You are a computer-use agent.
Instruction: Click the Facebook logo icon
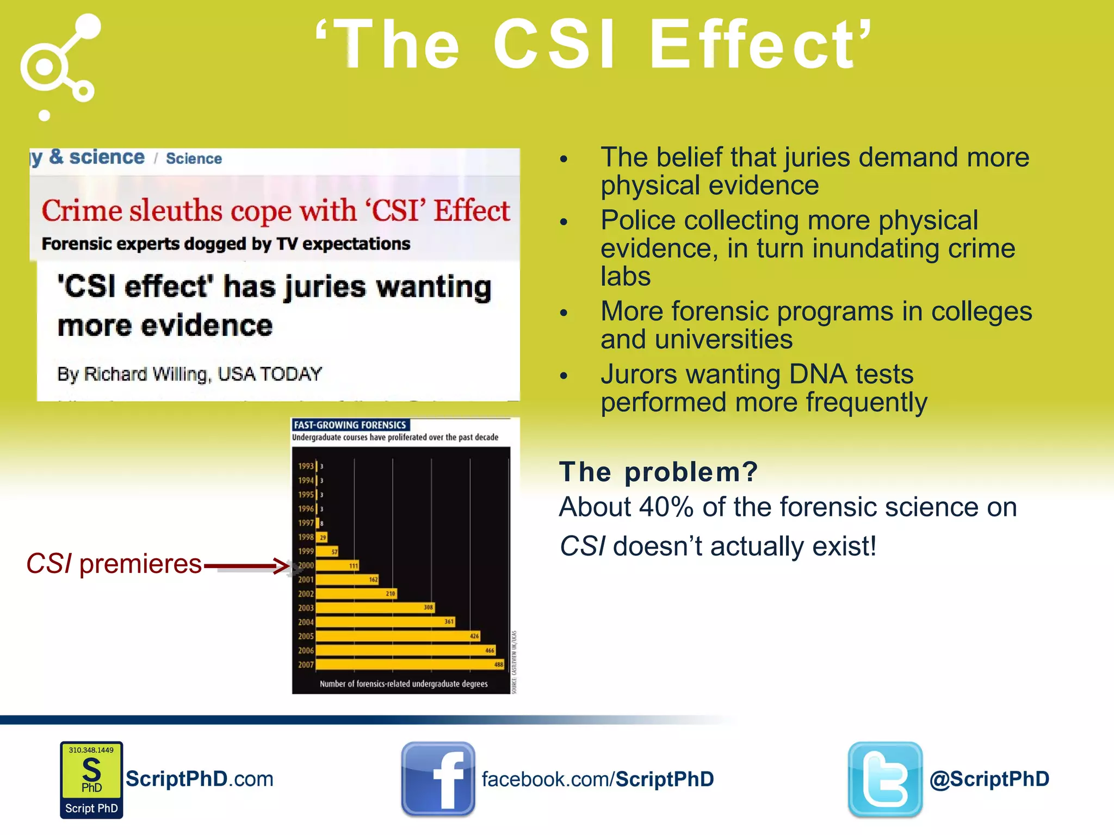(438, 778)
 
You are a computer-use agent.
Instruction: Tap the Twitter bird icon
(885, 778)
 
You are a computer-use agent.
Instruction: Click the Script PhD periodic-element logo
(91, 780)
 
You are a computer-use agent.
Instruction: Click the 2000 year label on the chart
(306, 565)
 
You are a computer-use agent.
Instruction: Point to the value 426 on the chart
(474, 635)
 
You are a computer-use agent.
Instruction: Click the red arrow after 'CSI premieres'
(247, 566)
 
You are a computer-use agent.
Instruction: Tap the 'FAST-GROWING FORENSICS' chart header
(350, 425)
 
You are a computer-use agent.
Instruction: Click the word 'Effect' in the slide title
(759, 45)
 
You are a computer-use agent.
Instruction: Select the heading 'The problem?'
(658, 471)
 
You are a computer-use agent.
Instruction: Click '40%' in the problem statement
(666, 507)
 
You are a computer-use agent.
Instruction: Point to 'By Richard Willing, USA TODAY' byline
(189, 374)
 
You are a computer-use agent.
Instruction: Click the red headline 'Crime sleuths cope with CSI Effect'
(276, 210)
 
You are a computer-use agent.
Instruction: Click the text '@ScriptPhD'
(989, 779)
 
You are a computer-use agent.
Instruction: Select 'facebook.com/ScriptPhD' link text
(597, 779)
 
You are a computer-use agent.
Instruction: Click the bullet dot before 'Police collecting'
(564, 222)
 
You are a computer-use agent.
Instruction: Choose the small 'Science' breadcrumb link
(194, 158)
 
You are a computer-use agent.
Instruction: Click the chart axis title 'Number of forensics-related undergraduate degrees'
(403, 684)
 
